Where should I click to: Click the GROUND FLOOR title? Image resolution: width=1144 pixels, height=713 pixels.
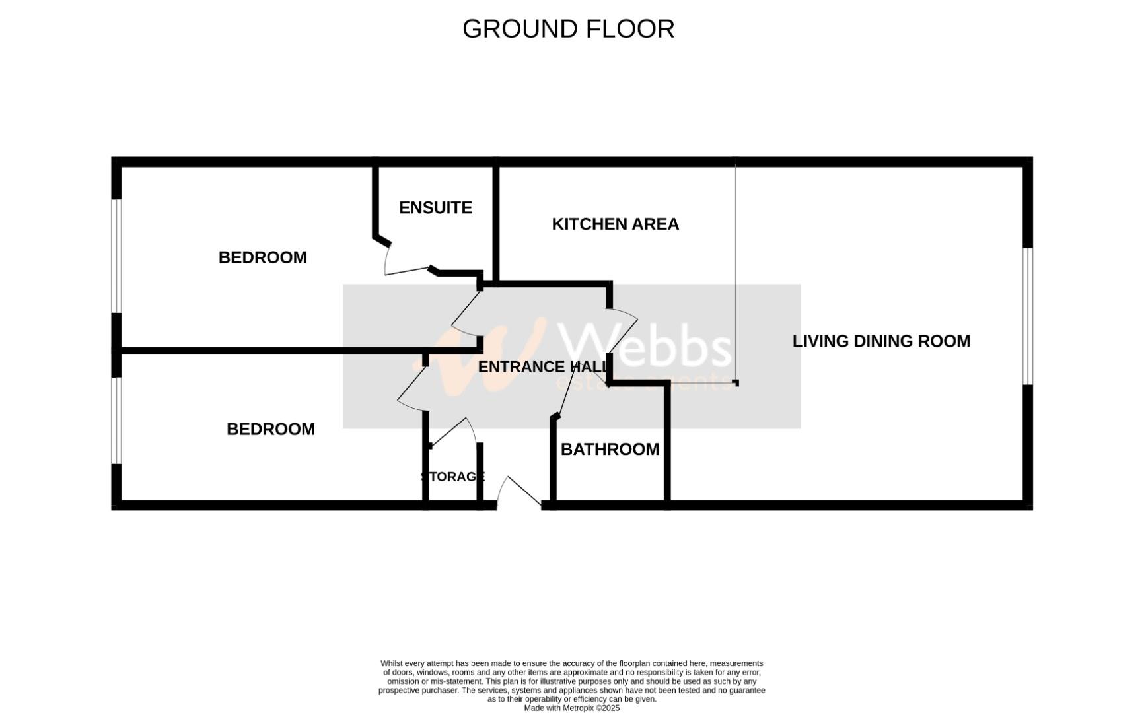[x=568, y=29]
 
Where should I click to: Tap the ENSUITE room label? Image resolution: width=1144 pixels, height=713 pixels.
[x=435, y=208]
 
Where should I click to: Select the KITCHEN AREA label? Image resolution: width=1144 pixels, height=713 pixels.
[x=615, y=224]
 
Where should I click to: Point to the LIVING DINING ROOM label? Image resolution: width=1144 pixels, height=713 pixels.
[x=881, y=341]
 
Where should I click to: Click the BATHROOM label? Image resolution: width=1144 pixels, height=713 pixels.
[x=610, y=450]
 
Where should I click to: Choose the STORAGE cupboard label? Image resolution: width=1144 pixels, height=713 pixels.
[x=453, y=477]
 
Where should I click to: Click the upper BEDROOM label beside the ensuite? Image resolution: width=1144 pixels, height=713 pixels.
[x=262, y=257]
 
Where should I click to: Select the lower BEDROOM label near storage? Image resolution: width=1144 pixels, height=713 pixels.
[x=270, y=429]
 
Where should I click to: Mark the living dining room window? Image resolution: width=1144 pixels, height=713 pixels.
[x=1027, y=316]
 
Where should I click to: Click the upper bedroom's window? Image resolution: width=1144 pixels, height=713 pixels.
[x=117, y=255]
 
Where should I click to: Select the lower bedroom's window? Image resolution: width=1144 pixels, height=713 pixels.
[x=117, y=421]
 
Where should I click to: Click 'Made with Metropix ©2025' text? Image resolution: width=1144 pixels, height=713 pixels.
[x=571, y=708]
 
